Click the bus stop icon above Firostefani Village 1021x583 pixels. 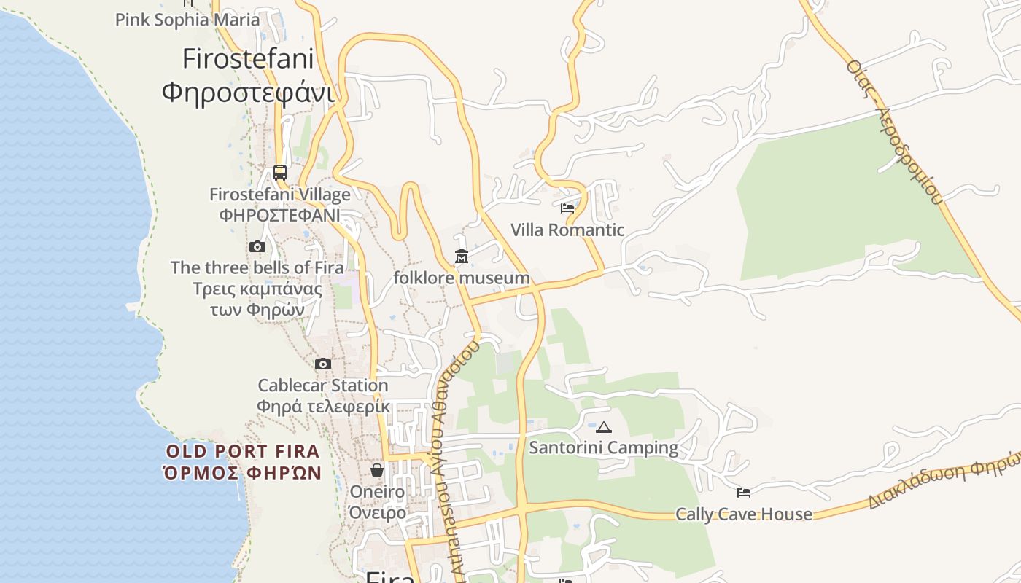[x=280, y=173]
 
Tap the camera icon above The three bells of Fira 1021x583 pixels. [x=257, y=247]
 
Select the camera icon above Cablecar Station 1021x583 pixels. [x=323, y=364]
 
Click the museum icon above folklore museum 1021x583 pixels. [x=462, y=257]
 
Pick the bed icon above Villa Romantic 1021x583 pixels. [x=567, y=208]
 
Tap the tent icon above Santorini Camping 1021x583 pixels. [x=603, y=427]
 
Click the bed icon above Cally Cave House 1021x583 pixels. [x=744, y=493]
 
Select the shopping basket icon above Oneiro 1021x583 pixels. [x=377, y=471]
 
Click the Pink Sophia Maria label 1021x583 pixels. [x=187, y=20]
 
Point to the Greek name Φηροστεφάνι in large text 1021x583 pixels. [x=248, y=93]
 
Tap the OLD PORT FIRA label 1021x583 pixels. [x=243, y=452]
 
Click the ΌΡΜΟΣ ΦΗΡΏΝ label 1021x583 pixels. [x=243, y=473]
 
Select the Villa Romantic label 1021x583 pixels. [x=567, y=230]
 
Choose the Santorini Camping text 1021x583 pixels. [x=603, y=447]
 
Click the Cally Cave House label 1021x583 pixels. [x=744, y=514]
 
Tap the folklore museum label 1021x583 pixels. [x=462, y=278]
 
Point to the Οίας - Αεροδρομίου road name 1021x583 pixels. [x=895, y=131]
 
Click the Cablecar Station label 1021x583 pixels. [x=323, y=386]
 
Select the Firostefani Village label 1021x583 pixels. [x=280, y=195]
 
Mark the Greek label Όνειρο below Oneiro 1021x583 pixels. [x=377, y=512]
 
